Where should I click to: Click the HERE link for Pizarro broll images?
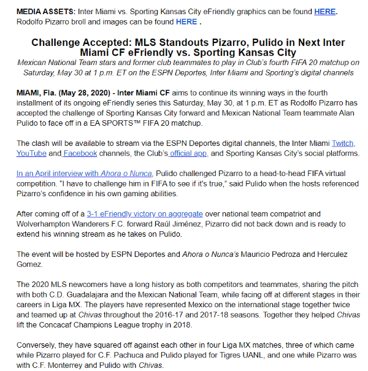[x=186, y=22]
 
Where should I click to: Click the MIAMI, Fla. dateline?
[x=36, y=93]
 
